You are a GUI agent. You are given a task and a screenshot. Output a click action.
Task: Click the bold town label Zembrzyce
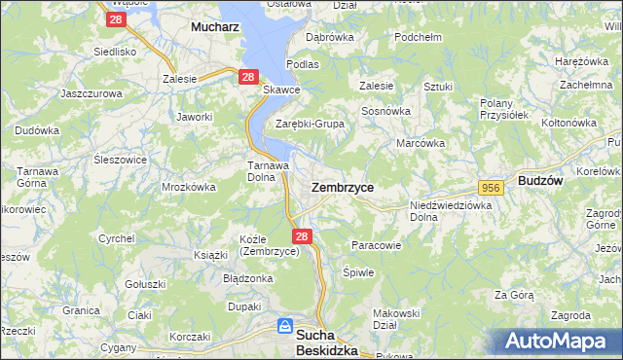coord(342,186)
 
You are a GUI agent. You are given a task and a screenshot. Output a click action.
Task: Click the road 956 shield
coord(491,186)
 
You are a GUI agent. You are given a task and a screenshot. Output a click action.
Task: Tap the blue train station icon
coord(285,326)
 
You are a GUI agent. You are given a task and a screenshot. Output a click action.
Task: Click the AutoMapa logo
coord(561,342)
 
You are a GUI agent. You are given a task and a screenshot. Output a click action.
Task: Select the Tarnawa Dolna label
coord(267,171)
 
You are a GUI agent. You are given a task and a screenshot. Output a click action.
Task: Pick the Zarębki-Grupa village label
coord(311,125)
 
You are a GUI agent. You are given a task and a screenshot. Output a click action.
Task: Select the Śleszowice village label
coord(121,161)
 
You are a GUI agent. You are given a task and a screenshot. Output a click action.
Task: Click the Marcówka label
coord(421,143)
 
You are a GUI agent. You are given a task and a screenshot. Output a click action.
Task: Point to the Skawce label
coord(281,90)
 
